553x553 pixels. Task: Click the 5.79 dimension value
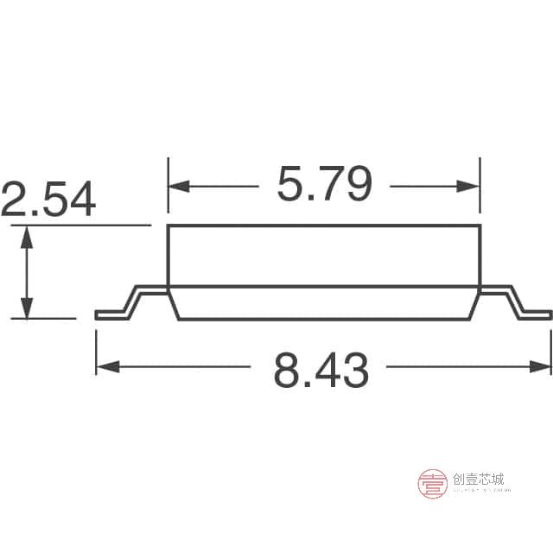pyautogui.click(x=324, y=184)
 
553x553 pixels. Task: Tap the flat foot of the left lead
pyautogui.click(x=108, y=315)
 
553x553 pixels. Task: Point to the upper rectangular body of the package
pyautogui.click(x=324, y=256)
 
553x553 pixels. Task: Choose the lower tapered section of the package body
pyautogui.click(x=324, y=303)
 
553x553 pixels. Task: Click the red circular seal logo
pyautogui.click(x=433, y=483)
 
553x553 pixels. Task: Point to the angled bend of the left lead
pyautogui.click(x=130, y=302)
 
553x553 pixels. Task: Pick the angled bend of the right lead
pyautogui.click(x=517, y=302)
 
